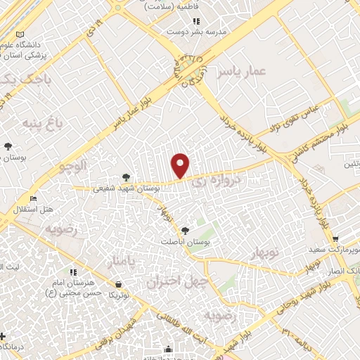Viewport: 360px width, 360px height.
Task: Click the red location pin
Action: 181,165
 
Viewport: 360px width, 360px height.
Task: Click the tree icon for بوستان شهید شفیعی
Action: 126,177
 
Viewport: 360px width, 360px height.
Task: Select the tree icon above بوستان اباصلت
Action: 185,230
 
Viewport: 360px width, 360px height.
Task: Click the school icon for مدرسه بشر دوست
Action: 169,32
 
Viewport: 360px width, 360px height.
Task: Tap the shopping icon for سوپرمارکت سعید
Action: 335,239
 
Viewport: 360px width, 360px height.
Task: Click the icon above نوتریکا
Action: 120,284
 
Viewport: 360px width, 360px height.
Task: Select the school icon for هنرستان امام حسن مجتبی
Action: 73,272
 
